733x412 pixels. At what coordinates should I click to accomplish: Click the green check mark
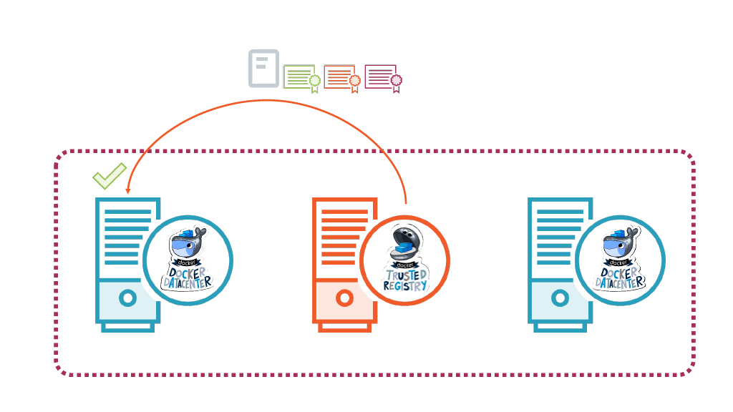(109, 175)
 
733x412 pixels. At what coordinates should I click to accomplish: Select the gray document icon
(263, 69)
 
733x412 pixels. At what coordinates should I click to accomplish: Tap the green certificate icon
(300, 77)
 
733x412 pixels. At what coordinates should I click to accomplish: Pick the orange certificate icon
(341, 77)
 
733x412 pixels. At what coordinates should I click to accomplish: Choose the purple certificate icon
(382, 77)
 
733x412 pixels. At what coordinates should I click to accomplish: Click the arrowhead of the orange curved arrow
(127, 191)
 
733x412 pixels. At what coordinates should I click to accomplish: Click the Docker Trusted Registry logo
(405, 260)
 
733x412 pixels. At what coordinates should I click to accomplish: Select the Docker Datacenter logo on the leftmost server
(188, 260)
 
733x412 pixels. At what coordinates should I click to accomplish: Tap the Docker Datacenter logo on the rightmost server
(620, 260)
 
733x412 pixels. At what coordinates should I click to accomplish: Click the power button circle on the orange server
(344, 298)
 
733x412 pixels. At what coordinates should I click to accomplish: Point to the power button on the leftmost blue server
(127, 298)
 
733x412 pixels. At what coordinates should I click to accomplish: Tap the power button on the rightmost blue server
(560, 298)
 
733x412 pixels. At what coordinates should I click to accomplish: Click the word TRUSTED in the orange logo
(407, 275)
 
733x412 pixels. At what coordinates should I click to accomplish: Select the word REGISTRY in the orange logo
(405, 285)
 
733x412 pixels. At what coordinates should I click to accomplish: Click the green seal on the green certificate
(314, 81)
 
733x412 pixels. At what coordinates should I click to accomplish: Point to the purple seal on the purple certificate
(396, 81)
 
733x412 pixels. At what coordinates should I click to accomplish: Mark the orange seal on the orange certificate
(355, 81)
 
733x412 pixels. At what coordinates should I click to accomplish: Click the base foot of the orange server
(344, 327)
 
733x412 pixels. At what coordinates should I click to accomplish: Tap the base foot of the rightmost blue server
(560, 327)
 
